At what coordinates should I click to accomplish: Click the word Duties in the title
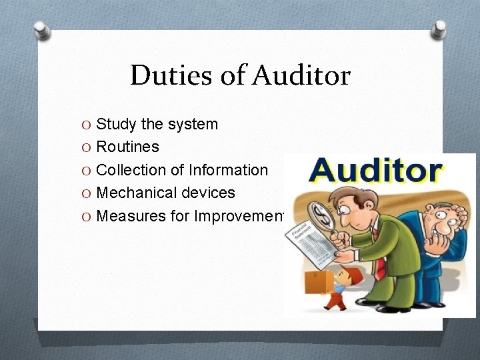169,76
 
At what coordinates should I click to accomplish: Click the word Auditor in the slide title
301,76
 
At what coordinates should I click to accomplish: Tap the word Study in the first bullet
116,125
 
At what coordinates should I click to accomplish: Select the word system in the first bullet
193,125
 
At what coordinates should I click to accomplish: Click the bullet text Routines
128,147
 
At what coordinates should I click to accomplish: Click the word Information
229,170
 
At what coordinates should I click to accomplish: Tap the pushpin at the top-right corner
439,29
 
